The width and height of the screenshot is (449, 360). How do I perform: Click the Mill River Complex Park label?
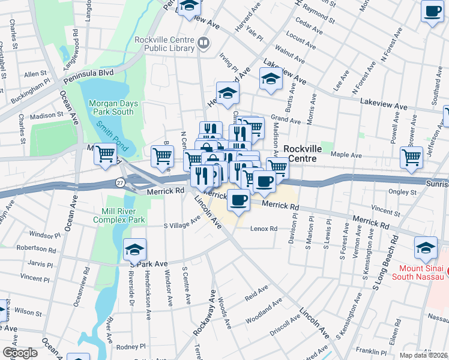pos(119,216)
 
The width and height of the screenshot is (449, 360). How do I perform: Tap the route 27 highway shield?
pos(121,182)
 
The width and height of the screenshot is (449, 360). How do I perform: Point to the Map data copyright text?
pos(424,355)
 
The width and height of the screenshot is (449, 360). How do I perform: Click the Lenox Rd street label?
pos(264,229)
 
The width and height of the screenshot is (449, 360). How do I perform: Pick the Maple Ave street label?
pos(348,155)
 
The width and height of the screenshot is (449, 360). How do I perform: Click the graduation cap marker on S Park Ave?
pos(135,249)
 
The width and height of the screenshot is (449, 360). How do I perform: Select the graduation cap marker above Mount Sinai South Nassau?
pos(426,247)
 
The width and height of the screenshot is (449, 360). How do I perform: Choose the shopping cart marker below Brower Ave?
pos(411,157)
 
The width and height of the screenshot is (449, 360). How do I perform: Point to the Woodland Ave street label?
pos(263,311)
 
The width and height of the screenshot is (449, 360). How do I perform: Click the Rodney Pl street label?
pos(130,347)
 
